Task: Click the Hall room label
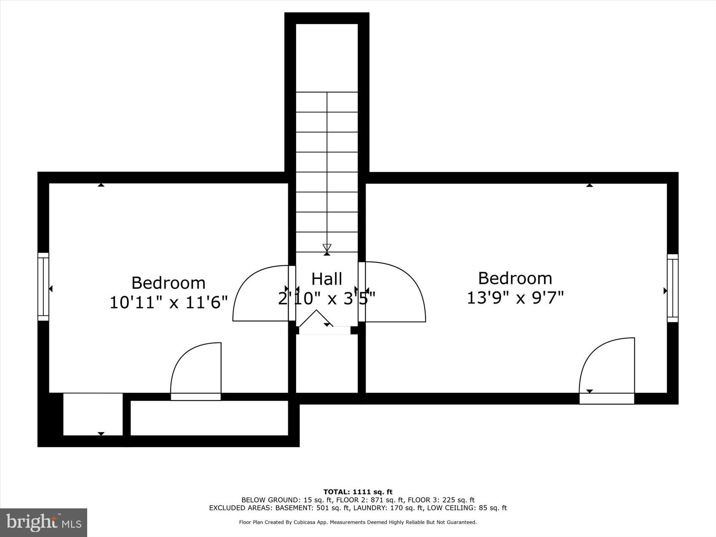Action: click(x=326, y=279)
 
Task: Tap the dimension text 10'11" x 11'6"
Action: click(x=168, y=302)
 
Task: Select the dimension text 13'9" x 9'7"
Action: click(x=515, y=298)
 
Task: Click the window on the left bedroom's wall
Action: click(x=43, y=286)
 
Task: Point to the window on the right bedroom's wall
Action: click(x=673, y=288)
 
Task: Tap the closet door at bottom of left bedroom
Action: click(x=196, y=371)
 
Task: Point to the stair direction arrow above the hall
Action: click(x=327, y=248)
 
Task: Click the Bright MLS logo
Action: click(x=44, y=522)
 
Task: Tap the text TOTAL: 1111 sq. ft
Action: click(x=358, y=492)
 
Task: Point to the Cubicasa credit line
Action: click(x=358, y=522)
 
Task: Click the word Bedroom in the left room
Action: click(x=168, y=283)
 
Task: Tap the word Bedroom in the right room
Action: click(x=515, y=278)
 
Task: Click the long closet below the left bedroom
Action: click(x=209, y=418)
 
